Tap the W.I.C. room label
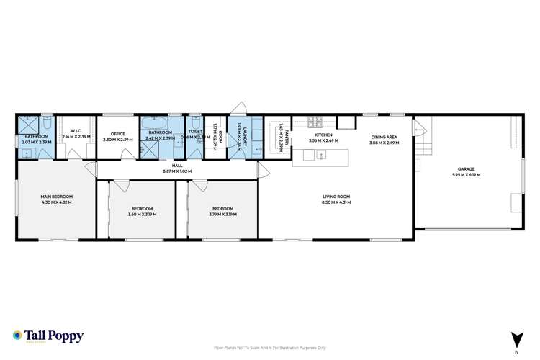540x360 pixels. point(75,131)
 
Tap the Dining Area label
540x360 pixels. point(384,137)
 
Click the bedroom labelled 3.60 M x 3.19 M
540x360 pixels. point(141,211)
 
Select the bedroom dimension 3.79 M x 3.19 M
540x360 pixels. point(221,215)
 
